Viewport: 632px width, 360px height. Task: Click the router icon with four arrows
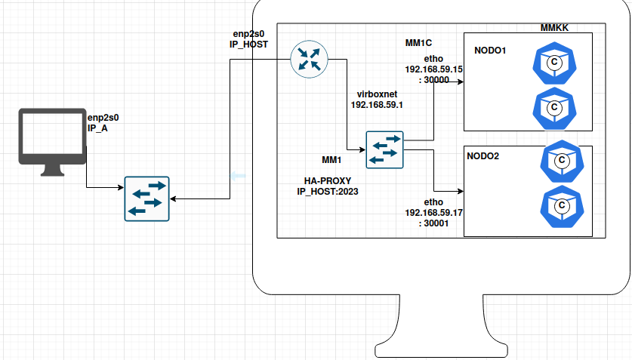[x=308, y=60]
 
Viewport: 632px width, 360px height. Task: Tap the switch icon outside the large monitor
[x=146, y=198]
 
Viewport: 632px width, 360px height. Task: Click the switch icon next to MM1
[x=385, y=149]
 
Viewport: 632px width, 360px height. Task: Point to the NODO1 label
[x=490, y=51]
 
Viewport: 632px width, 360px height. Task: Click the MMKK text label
[x=553, y=28]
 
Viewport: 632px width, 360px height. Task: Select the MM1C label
[x=418, y=43]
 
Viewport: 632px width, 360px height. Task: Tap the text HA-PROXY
[x=328, y=181]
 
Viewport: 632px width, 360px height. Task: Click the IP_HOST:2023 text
[x=328, y=192]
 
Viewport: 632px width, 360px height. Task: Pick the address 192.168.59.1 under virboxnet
[x=377, y=105]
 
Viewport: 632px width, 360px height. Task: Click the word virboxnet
[x=377, y=94]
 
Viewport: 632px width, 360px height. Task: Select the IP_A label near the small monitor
[x=98, y=128]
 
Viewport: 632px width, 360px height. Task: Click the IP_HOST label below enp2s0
[x=248, y=45]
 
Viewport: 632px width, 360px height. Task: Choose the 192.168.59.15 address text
[x=433, y=69]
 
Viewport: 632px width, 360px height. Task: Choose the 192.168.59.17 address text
[x=433, y=213]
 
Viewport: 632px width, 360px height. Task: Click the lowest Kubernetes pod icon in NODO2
[x=560, y=206]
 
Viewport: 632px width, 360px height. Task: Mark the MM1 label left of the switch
[x=332, y=160]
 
